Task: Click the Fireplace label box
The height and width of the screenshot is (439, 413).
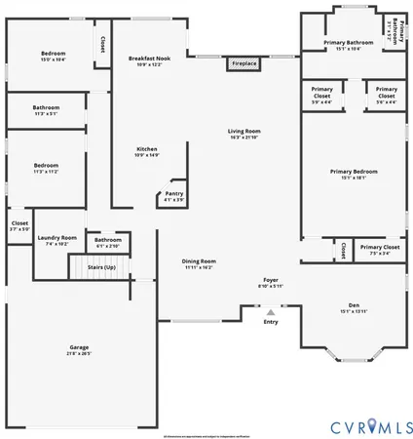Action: pyautogui.click(x=244, y=64)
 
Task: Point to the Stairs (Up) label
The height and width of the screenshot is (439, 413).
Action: pyautogui.click(x=102, y=266)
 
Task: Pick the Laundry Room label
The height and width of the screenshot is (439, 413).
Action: pyautogui.click(x=56, y=238)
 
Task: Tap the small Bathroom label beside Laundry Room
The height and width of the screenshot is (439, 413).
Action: pyautogui.click(x=107, y=240)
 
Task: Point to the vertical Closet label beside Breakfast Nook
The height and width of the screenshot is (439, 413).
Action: pyautogui.click(x=102, y=45)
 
